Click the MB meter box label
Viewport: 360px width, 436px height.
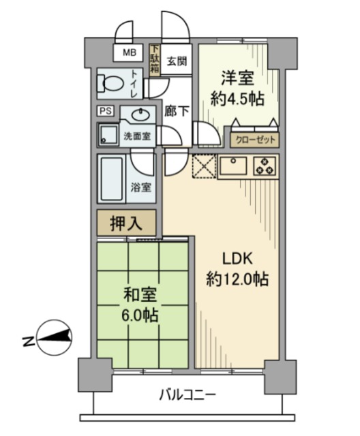pyautogui.click(x=129, y=52)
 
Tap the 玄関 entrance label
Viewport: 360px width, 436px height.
pyautogui.click(x=176, y=61)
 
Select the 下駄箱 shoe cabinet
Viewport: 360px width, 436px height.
pyautogui.click(x=155, y=59)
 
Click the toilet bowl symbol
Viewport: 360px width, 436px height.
pyautogui.click(x=111, y=84)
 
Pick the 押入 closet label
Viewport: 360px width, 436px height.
pyautogui.click(x=126, y=221)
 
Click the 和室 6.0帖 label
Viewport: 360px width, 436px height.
pyautogui.click(x=140, y=305)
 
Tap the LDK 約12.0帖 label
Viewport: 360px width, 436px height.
pyautogui.click(x=237, y=268)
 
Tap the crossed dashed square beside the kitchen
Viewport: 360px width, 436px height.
pyautogui.click(x=203, y=166)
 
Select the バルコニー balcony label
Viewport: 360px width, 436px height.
pyautogui.click(x=188, y=393)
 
